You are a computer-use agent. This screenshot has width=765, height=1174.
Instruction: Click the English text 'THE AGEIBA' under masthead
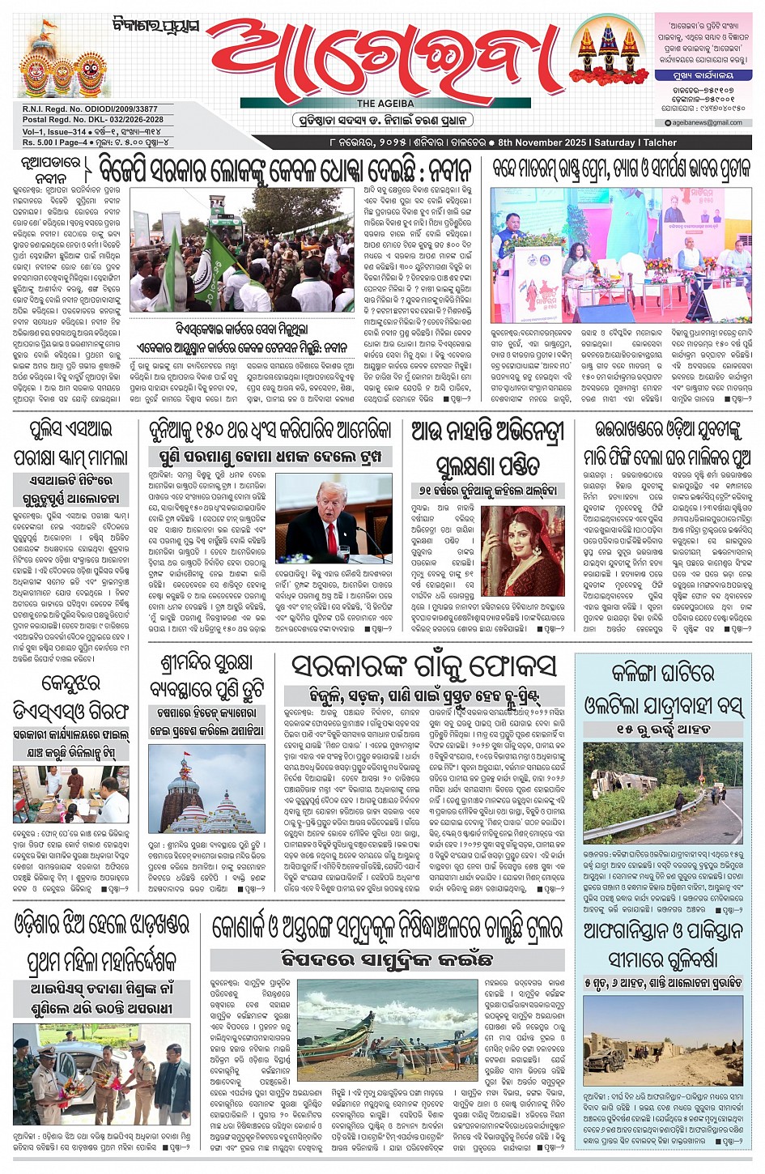click(x=385, y=104)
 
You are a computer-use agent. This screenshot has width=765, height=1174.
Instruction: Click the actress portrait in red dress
click(x=522, y=551)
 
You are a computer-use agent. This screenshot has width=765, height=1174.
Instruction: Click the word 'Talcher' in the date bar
click(x=660, y=142)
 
